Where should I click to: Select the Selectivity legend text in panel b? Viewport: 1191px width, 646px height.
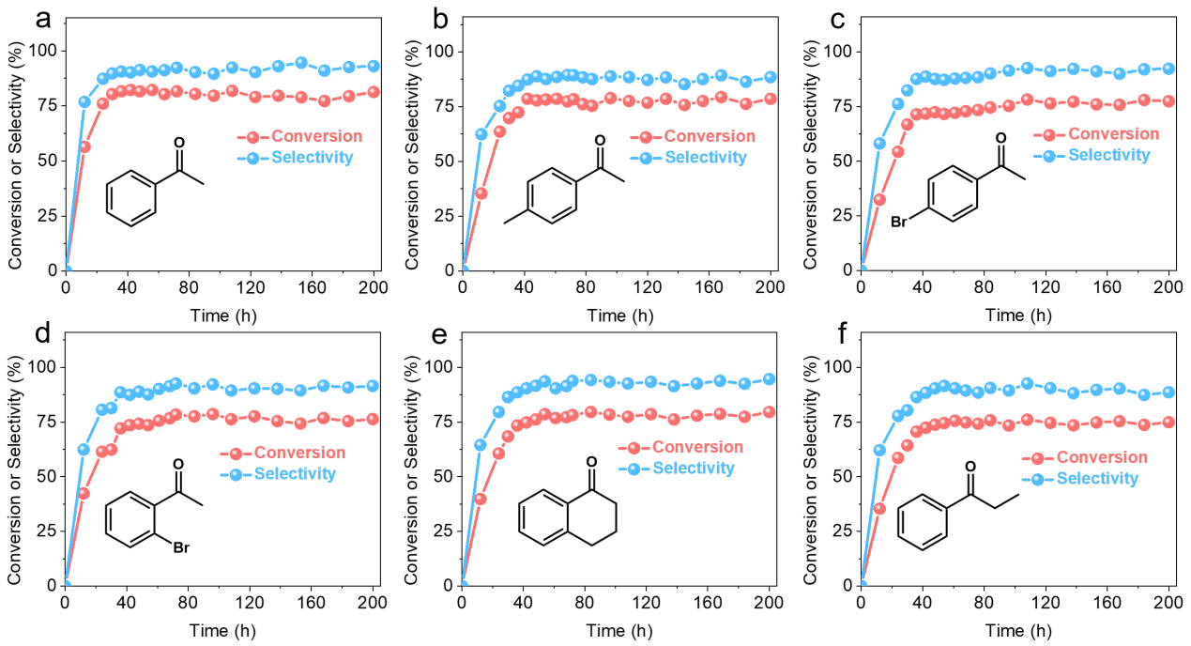click(x=707, y=157)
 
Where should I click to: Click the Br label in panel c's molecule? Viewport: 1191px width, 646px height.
click(x=899, y=223)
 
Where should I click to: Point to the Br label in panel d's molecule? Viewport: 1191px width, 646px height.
click(x=181, y=542)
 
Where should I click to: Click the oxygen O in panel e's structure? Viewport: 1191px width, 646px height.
click(x=591, y=461)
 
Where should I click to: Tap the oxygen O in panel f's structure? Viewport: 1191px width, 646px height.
click(x=970, y=467)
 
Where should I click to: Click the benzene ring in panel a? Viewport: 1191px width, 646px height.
click(x=130, y=197)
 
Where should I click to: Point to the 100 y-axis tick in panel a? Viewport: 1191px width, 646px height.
click(x=41, y=51)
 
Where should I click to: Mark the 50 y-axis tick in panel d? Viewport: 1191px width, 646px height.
click(x=45, y=475)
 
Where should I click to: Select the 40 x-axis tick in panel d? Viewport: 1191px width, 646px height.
click(x=126, y=603)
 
